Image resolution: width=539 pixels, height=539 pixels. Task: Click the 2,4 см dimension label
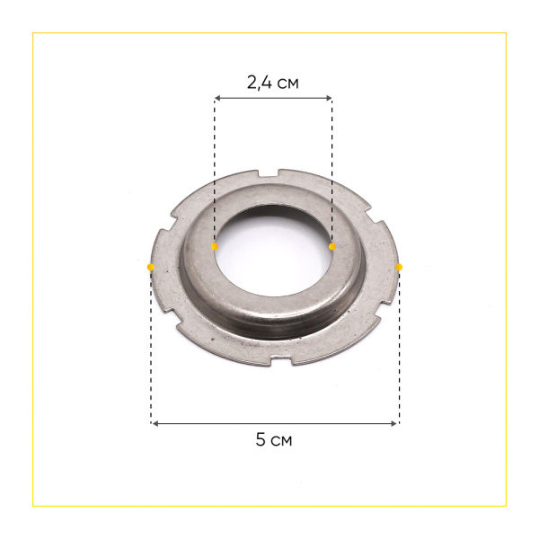pos(273,83)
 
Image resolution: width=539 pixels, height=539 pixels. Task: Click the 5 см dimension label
pos(274,440)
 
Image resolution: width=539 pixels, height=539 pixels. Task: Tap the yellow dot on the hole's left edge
pos(215,246)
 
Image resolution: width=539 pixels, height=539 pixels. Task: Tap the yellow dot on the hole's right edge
pos(331,246)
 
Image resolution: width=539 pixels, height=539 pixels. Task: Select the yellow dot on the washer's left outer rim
pos(150,267)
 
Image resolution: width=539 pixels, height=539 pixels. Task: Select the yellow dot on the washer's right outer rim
pos(399,267)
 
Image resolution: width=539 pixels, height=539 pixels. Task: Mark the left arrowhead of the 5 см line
pos(154,422)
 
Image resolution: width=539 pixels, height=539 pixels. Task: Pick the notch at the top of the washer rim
pos(274,172)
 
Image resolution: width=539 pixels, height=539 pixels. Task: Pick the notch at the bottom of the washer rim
pos(274,365)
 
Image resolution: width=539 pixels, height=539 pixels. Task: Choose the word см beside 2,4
pos(287,84)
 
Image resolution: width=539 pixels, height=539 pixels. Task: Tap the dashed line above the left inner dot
pos(215,171)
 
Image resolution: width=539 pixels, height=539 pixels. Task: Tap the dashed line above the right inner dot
pos(331,171)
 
